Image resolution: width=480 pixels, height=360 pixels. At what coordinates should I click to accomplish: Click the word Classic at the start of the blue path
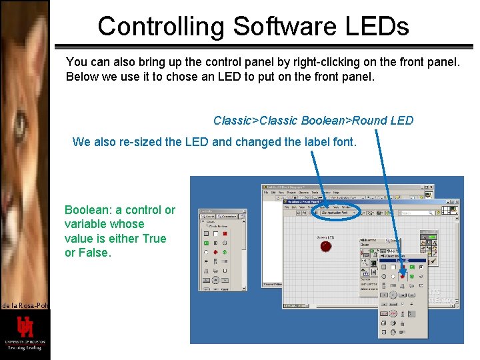(233, 121)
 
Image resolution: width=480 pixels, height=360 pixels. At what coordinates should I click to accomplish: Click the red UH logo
(25, 327)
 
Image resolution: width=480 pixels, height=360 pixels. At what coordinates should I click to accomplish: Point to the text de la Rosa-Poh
(25, 305)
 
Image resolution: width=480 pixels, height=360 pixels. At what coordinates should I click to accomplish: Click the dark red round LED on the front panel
(325, 246)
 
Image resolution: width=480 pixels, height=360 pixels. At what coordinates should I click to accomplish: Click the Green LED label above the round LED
(325, 237)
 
